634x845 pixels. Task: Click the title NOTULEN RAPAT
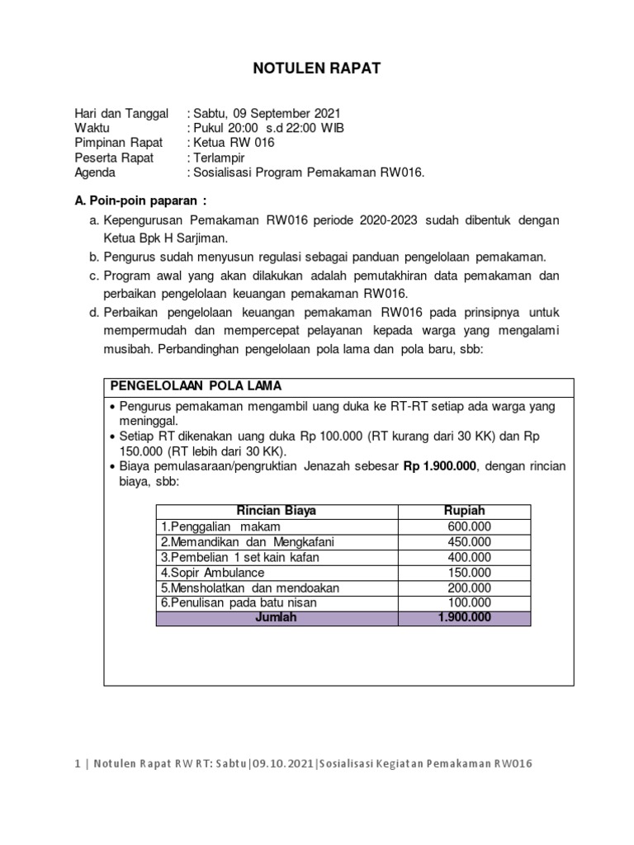tap(316, 69)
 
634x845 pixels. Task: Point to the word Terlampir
tap(220, 158)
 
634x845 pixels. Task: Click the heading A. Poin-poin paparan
tap(140, 201)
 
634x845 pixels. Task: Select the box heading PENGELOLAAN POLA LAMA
tap(196, 386)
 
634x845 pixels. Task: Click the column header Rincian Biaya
tap(277, 511)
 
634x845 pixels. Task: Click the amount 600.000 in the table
tap(469, 526)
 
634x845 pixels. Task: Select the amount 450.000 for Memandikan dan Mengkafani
tap(469, 541)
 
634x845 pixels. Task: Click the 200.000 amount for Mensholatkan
tap(469, 588)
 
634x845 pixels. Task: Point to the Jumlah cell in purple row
tap(277, 618)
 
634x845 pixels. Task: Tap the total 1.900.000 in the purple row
tap(464, 618)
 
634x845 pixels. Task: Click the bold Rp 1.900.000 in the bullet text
tap(440, 466)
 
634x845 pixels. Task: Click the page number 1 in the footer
tap(77, 763)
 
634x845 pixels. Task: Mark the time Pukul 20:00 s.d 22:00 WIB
tap(268, 128)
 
